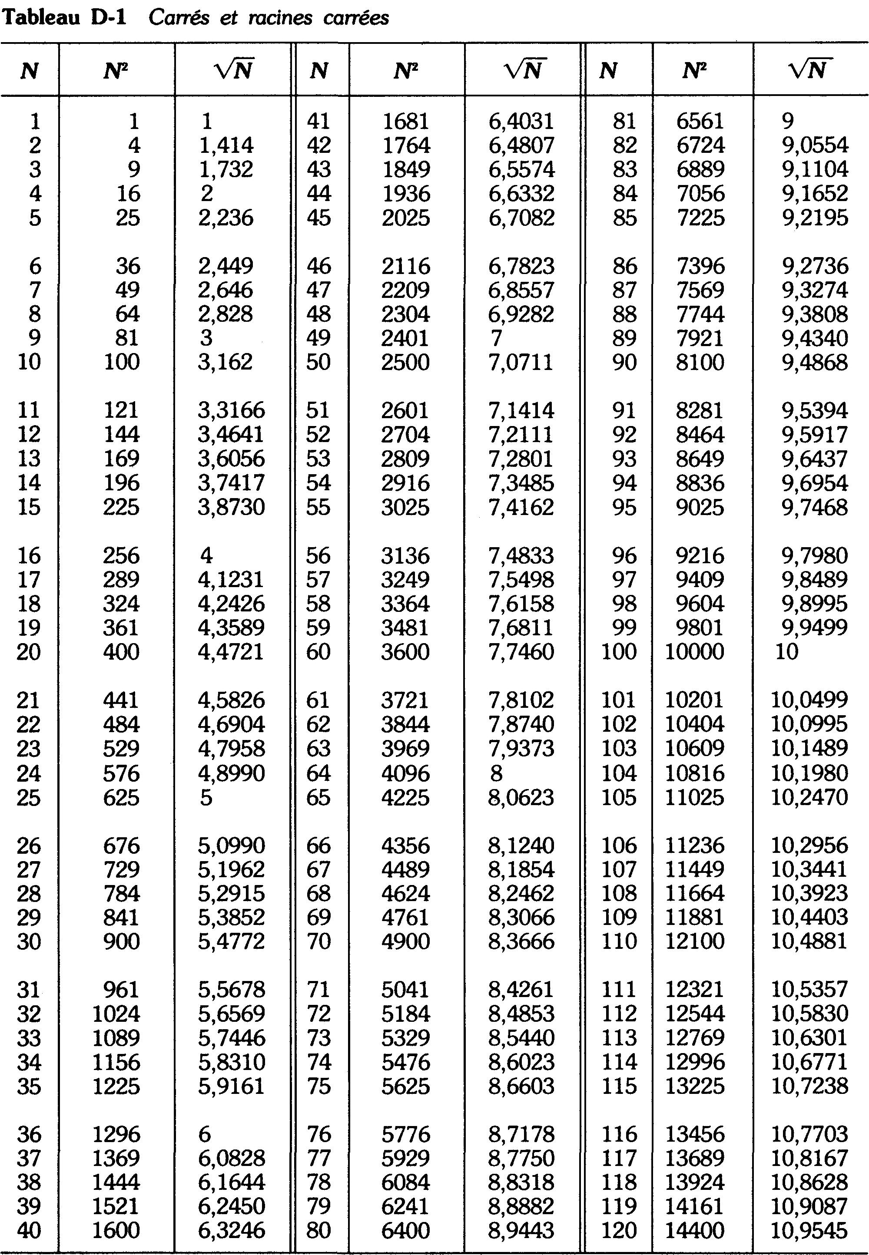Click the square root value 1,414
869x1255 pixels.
(x=226, y=145)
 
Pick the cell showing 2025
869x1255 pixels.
(x=406, y=218)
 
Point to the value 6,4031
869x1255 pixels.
(x=521, y=121)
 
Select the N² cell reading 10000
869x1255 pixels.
(x=695, y=651)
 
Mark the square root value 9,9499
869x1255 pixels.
(x=815, y=627)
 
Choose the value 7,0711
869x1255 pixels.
(x=521, y=362)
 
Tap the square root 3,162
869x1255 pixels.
(x=226, y=362)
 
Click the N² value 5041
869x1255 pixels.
(x=406, y=989)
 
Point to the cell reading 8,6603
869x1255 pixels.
(x=521, y=1086)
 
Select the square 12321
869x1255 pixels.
(x=695, y=989)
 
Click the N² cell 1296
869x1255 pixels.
(x=116, y=1134)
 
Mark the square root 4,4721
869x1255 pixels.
(x=231, y=651)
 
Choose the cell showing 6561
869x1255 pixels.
(x=700, y=121)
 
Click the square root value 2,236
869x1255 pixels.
(x=226, y=218)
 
